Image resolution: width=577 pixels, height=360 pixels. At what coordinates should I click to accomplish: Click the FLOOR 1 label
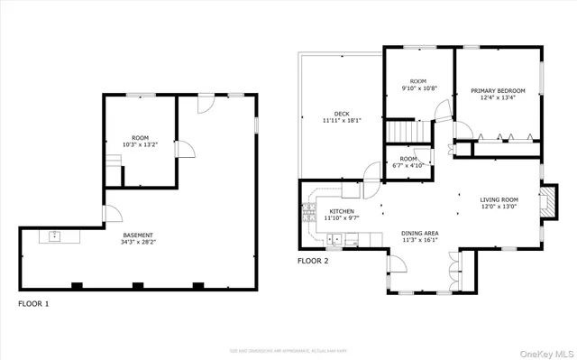[33, 304]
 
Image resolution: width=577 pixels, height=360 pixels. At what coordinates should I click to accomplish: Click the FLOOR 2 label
[313, 261]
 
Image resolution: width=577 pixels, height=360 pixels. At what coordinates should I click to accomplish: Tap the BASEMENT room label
[137, 235]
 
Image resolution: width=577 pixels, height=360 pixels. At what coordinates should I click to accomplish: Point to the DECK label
[342, 114]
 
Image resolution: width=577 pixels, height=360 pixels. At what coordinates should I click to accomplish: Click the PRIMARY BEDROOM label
[496, 90]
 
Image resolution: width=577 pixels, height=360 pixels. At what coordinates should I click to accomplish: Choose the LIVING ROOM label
[498, 199]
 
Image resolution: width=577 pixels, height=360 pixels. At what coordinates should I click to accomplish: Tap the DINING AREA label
[419, 234]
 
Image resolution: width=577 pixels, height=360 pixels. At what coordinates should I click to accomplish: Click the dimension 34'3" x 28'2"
[137, 243]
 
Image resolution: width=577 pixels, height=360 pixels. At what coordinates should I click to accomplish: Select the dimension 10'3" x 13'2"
[140, 144]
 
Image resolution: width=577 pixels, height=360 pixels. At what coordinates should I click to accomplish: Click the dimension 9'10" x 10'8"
[419, 88]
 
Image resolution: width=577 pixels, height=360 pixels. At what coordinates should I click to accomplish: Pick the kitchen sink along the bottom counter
[335, 240]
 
